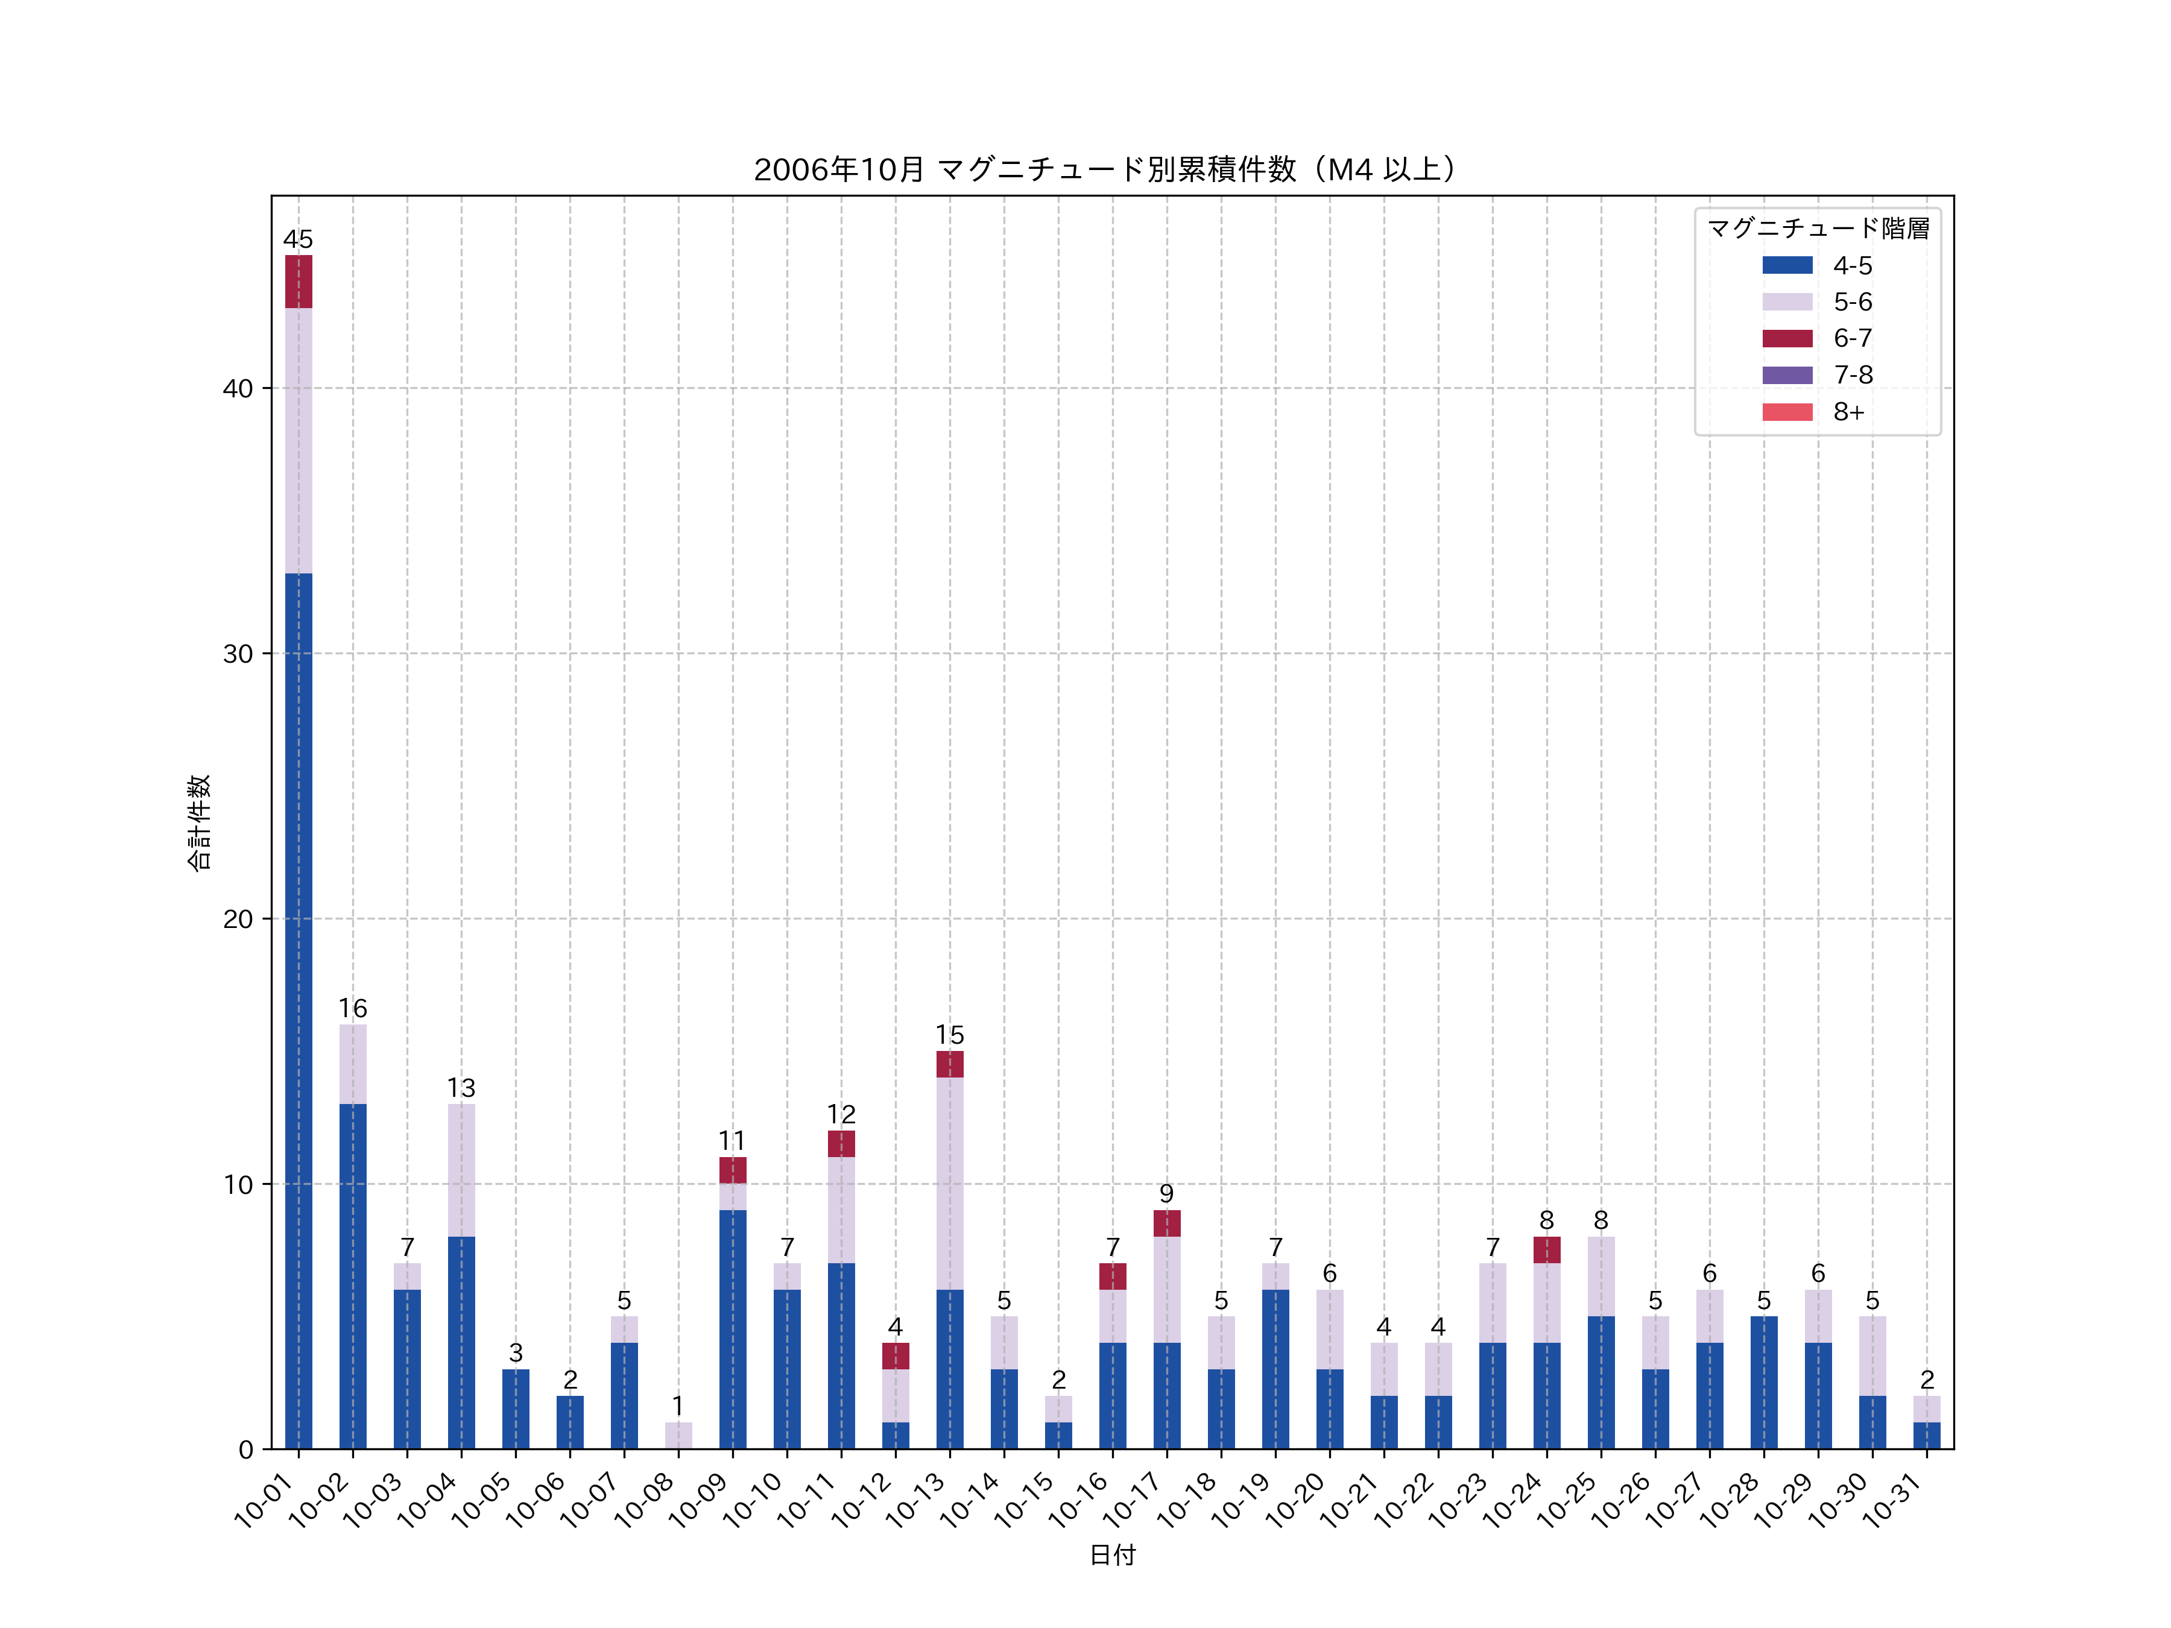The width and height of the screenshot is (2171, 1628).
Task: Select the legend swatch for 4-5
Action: click(x=1787, y=265)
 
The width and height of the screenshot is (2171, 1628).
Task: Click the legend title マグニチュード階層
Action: click(x=1818, y=229)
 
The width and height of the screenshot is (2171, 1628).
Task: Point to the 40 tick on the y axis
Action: click(x=238, y=388)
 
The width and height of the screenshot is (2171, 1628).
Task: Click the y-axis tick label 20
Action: click(x=238, y=920)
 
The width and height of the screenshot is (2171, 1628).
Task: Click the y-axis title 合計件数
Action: click(x=198, y=822)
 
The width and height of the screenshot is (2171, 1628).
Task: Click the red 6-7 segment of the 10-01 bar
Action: click(x=299, y=282)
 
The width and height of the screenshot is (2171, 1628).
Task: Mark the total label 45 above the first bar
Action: click(x=299, y=239)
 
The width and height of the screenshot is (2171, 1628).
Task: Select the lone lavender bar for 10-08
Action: click(x=678, y=1436)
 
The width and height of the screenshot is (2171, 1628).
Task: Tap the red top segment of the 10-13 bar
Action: click(x=949, y=1065)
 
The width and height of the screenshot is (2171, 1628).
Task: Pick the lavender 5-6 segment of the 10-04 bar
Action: click(x=461, y=1171)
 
